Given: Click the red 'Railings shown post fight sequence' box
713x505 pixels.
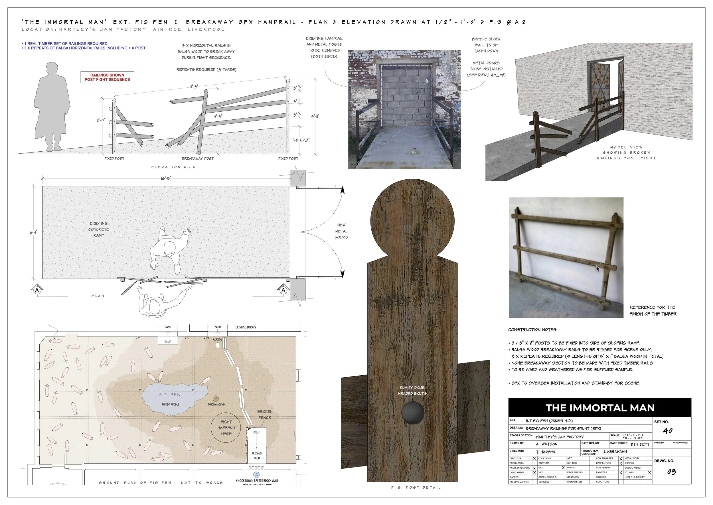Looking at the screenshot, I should (107, 77).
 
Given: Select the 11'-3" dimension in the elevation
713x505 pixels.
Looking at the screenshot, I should (195, 87).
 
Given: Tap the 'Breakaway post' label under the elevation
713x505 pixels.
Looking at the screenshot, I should (198, 159).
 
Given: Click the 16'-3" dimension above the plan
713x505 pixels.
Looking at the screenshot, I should (165, 179).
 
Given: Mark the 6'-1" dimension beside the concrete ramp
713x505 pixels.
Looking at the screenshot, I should (34, 232).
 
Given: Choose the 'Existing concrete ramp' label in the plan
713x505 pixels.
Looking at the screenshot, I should (99, 229).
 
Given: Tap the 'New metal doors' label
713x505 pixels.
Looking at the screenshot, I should (341, 231).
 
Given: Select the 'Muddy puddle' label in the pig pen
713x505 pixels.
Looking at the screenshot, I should (171, 404).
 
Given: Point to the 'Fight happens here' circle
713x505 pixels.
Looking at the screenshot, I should (226, 428).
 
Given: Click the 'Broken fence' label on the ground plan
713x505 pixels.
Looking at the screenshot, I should (265, 414).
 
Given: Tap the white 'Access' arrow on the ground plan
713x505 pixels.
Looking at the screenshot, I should (218, 345).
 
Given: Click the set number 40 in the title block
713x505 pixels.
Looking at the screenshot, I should (668, 431).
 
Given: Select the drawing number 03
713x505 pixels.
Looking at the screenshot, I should (671, 472).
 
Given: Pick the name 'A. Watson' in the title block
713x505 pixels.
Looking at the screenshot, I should (546, 444).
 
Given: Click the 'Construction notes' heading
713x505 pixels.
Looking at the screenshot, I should (532, 330).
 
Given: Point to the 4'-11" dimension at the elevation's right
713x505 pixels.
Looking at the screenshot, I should (315, 116).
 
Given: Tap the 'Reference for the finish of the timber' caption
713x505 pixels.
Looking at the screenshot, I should (653, 310).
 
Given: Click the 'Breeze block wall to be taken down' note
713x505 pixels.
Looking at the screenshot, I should (486, 45).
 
